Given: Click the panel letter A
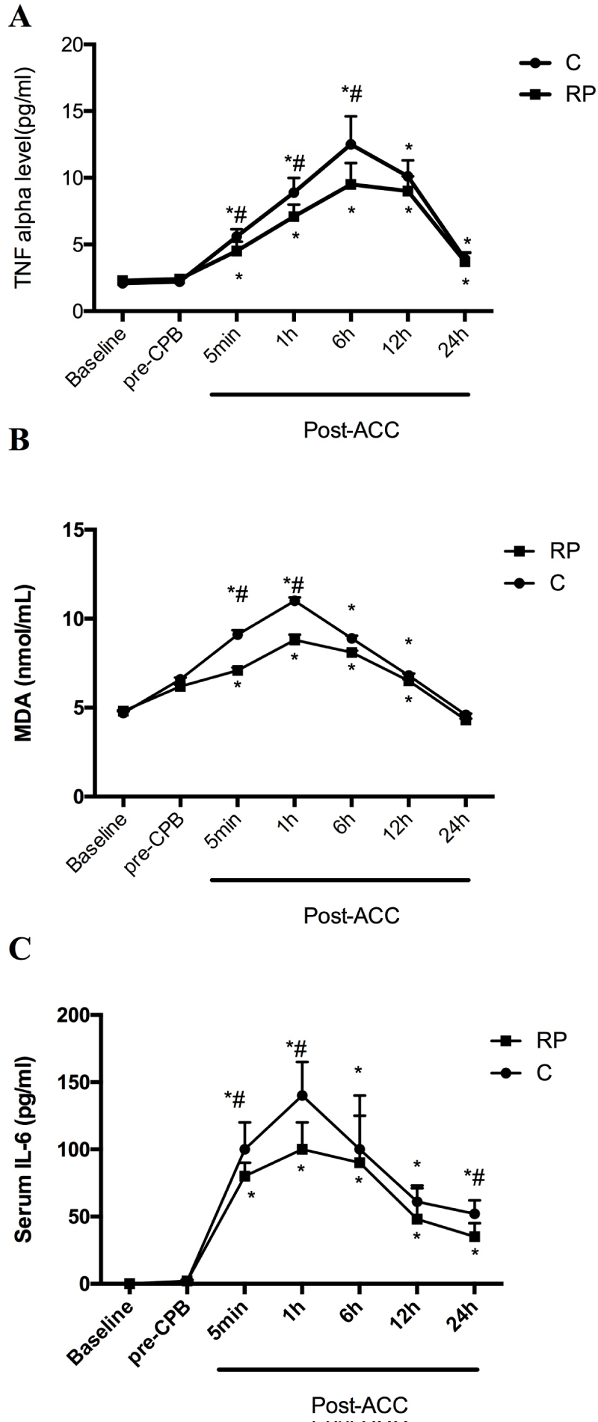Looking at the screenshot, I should pyautogui.click(x=20, y=16).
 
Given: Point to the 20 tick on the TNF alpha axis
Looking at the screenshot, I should pyautogui.click(x=72, y=45).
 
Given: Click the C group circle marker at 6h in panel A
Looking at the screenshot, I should pyautogui.click(x=351, y=144).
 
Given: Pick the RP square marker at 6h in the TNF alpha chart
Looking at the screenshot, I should pyautogui.click(x=351, y=184).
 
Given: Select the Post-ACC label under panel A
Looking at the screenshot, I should pyautogui.click(x=351, y=430).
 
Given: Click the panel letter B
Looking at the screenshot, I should pyautogui.click(x=19, y=441).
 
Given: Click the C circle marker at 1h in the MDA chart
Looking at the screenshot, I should pyautogui.click(x=295, y=601).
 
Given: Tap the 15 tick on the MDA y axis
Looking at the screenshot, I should pyautogui.click(x=72, y=530).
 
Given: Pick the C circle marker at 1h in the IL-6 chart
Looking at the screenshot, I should pyautogui.click(x=302, y=1095).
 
